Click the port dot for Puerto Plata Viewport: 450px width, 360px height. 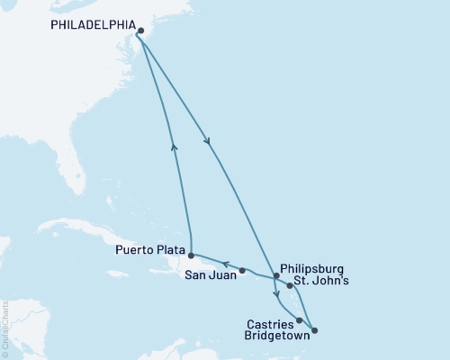(x=191, y=256)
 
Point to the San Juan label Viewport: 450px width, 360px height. (x=212, y=276)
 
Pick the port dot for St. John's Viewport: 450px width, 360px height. (x=290, y=285)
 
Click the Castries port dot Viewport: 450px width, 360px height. (x=299, y=319)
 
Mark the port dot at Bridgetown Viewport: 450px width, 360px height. (x=314, y=330)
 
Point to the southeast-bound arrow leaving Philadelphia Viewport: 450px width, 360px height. (x=209, y=139)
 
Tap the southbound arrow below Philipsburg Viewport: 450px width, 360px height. (x=275, y=295)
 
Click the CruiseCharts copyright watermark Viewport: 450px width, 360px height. (x=5, y=328)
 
